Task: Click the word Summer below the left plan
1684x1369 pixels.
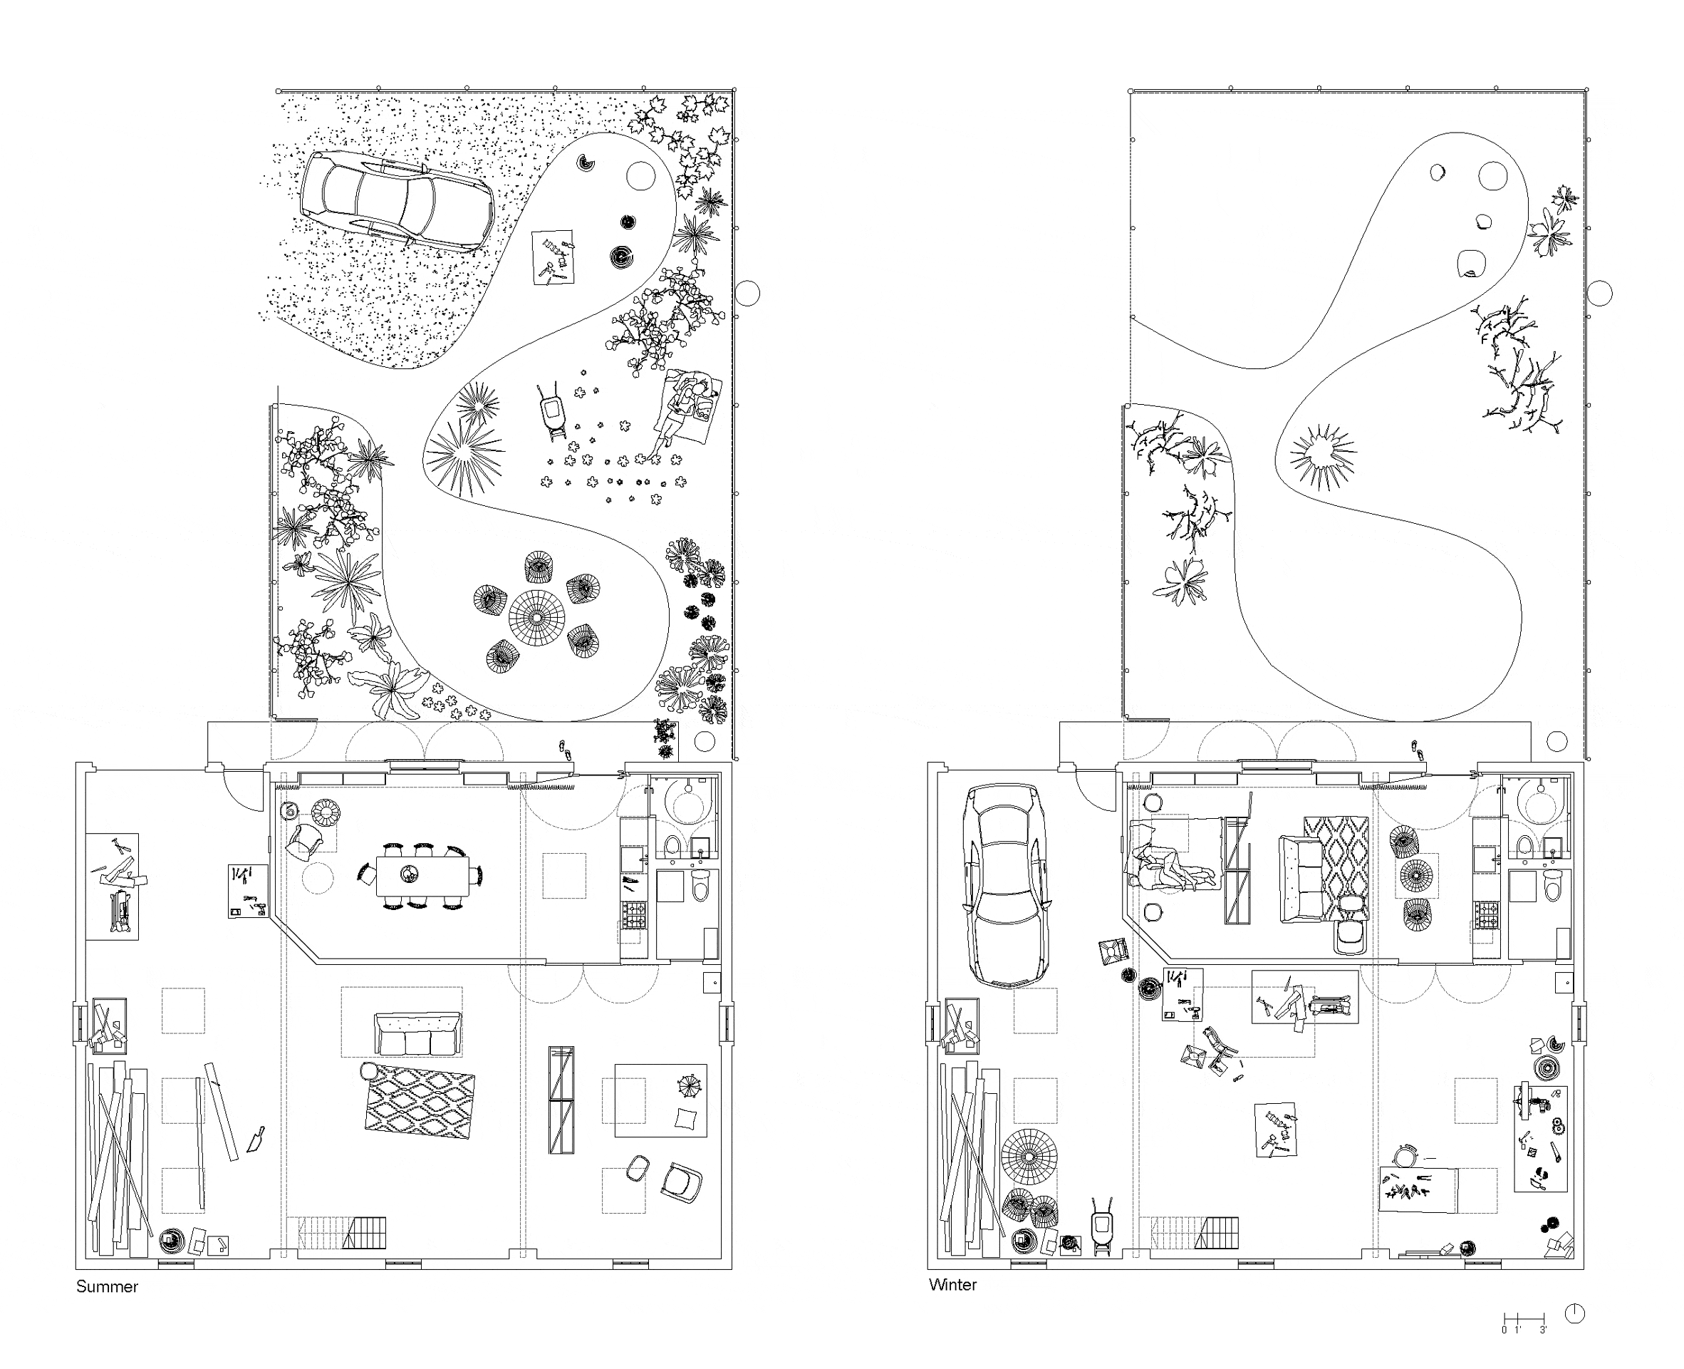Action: [108, 1286]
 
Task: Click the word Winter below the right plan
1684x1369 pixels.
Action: [952, 1285]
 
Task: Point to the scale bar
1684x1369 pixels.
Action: [1524, 1318]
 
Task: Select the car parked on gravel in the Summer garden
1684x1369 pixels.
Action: [397, 200]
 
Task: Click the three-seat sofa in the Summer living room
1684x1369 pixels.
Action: [417, 1033]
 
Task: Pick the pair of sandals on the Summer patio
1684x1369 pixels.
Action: [563, 748]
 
